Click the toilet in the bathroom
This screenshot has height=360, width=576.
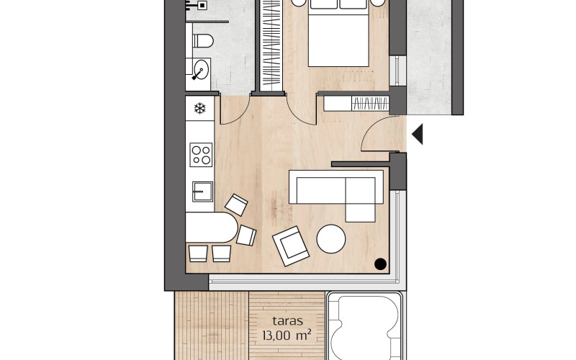[x=202, y=41]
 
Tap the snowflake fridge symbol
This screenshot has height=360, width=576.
[x=200, y=109]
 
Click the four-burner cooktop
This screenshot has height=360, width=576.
[x=200, y=155]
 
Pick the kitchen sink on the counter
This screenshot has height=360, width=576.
[x=202, y=192]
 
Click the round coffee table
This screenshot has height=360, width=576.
[x=332, y=239]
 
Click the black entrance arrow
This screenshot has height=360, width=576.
[x=418, y=135]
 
